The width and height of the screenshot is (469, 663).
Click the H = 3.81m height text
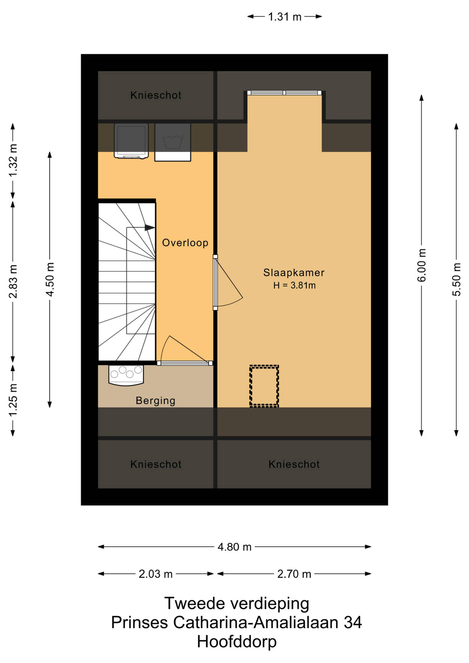coord(295,286)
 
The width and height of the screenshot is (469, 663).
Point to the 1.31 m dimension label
coord(285,17)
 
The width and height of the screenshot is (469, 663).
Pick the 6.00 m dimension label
coord(422,265)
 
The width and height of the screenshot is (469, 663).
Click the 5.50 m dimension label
coord(457,280)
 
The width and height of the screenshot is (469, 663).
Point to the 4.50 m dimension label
coord(50,280)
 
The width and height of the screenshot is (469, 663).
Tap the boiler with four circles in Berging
coord(126,375)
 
